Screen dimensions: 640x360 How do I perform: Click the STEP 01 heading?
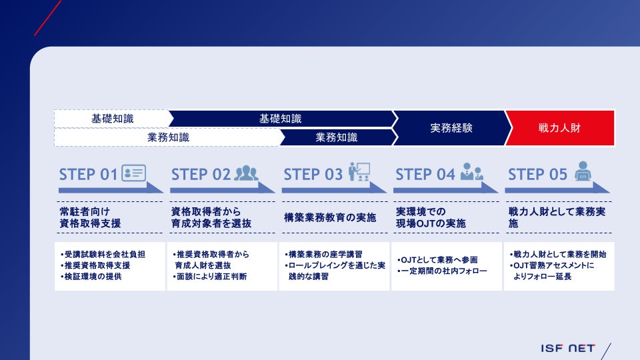pos(88,175)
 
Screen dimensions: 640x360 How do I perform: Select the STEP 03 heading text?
pos(313,175)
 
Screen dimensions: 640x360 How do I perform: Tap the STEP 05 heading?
pos(537,175)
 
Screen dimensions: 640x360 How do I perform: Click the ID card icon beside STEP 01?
pos(133,173)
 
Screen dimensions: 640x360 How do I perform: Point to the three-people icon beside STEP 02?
pos(245,173)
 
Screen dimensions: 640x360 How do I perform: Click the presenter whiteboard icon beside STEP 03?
pos(359,172)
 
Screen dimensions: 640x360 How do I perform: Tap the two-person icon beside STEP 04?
pos(471,173)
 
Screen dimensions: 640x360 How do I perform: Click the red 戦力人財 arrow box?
pos(559,128)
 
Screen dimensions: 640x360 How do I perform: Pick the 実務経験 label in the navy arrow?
pos(451,128)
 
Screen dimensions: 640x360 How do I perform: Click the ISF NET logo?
pos(567,348)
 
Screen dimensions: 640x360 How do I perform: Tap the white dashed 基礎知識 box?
pos(112,119)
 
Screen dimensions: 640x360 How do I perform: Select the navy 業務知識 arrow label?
pos(336,137)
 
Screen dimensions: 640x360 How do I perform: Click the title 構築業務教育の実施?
pos(330,218)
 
